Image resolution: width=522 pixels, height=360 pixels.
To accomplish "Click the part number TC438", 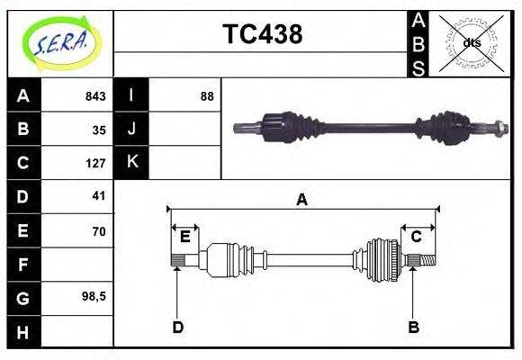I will pyautogui.click(x=262, y=34).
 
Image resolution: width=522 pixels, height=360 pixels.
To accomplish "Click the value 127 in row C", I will pyautogui.click(x=95, y=163).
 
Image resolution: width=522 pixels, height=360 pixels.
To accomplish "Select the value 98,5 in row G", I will pyautogui.click(x=94, y=295).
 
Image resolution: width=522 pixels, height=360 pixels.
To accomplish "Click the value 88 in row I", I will pyautogui.click(x=207, y=96).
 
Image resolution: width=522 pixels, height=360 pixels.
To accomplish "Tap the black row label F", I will pyautogui.click(x=23, y=265).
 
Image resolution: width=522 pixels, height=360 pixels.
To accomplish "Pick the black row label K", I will pyautogui.click(x=131, y=162).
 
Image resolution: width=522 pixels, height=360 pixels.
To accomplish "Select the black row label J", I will pyautogui.click(x=131, y=129).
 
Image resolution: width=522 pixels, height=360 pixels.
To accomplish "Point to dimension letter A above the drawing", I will pyautogui.click(x=302, y=200).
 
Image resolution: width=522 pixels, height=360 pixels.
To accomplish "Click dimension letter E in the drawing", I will pyautogui.click(x=184, y=237).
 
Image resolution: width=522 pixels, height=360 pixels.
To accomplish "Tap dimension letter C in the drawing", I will pyautogui.click(x=417, y=237).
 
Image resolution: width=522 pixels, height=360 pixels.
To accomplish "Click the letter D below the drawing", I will pyautogui.click(x=177, y=328).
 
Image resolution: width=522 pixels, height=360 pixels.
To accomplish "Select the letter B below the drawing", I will pyautogui.click(x=413, y=328).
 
